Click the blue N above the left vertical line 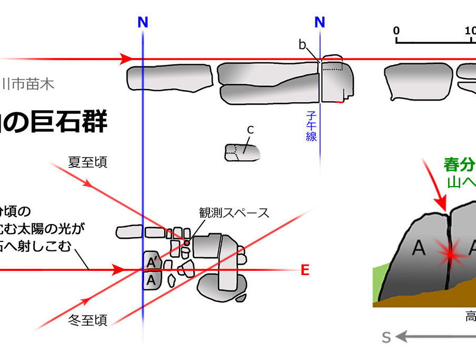pos(143,22)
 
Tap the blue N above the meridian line pos(320,22)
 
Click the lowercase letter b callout pos(302,45)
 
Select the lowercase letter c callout pos(251,130)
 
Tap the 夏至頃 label pos(87,162)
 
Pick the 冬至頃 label pos(88,319)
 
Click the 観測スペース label pos(234,212)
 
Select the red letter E pos(304,271)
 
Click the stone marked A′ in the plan pos(151,261)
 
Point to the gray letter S pos(386,337)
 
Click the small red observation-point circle pos(186,242)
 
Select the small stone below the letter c pos(242,152)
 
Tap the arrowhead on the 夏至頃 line pos(88,185)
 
